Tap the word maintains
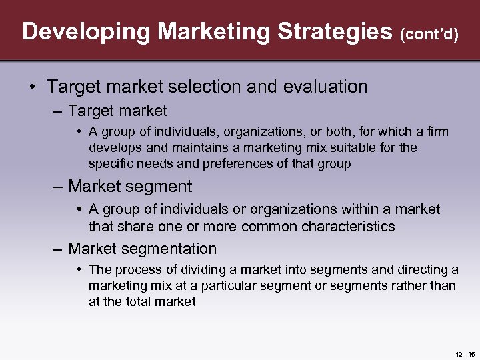[199, 147]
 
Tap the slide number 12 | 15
[464, 353]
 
